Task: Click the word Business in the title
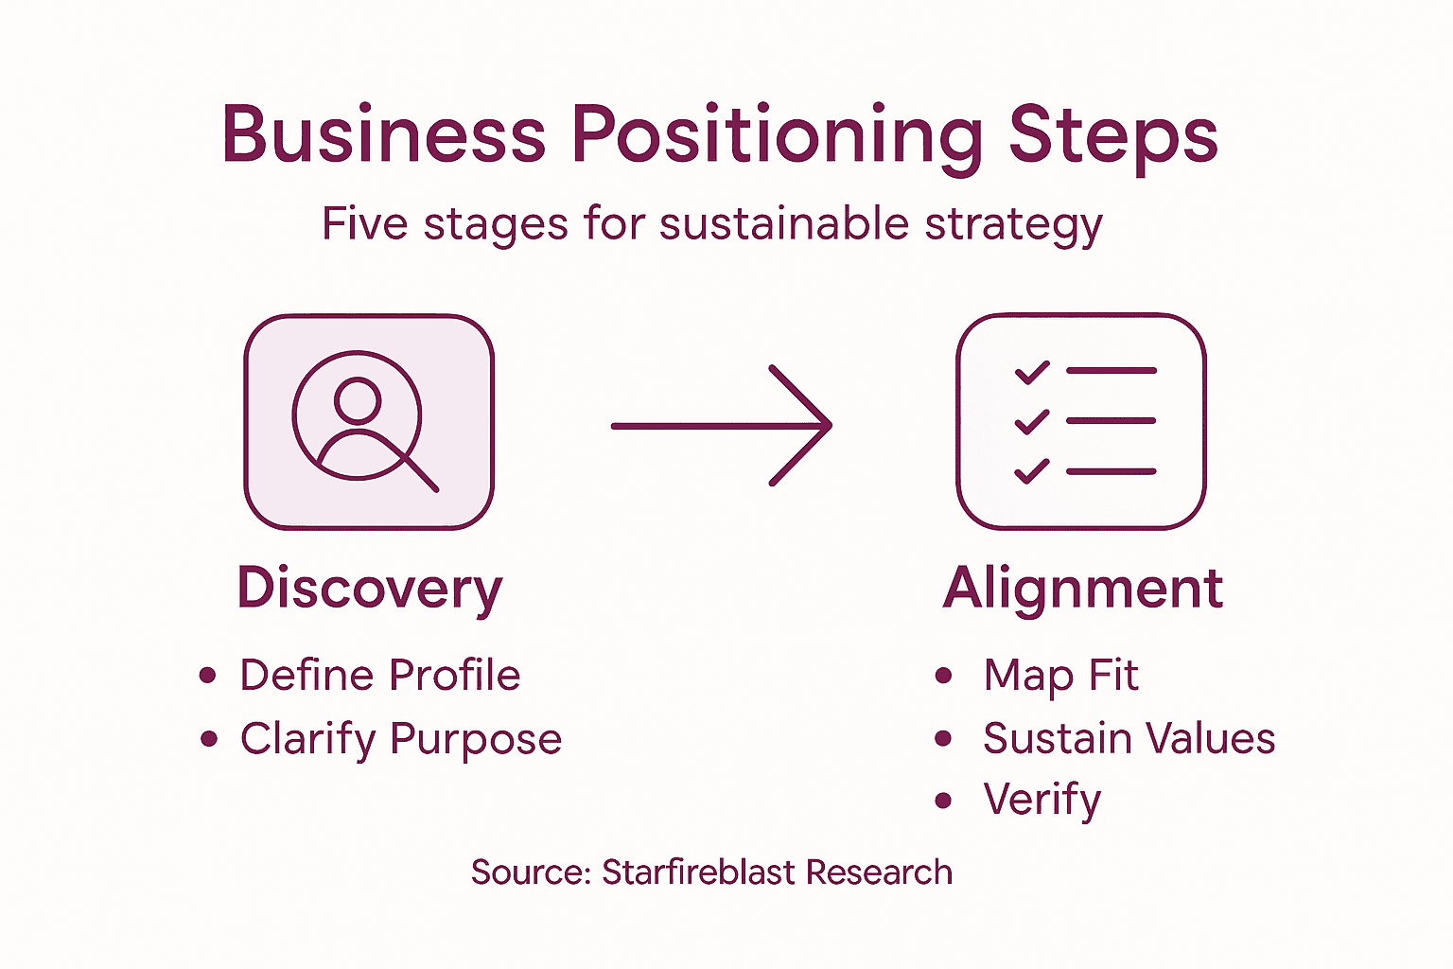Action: (x=383, y=134)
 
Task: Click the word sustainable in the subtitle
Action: (x=783, y=224)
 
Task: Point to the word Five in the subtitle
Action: (x=364, y=224)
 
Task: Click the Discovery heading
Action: (x=370, y=589)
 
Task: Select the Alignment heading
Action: (x=1083, y=589)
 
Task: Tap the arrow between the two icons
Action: (x=722, y=426)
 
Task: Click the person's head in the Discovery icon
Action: (x=358, y=399)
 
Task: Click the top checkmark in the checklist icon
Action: (x=1032, y=372)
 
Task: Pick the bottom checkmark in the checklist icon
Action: (x=1032, y=470)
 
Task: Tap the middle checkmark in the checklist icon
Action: (x=1032, y=421)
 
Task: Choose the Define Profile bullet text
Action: (x=379, y=676)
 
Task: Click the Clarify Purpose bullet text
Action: (x=400, y=739)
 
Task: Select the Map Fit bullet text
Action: (x=1060, y=676)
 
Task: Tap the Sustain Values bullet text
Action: (x=1129, y=739)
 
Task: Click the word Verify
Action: (x=1042, y=801)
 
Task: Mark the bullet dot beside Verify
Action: (x=943, y=801)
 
